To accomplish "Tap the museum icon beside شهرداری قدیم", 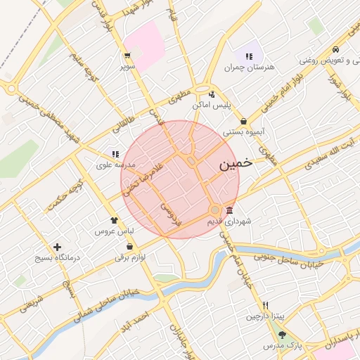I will (229, 211).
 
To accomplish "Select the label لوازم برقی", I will (130, 257).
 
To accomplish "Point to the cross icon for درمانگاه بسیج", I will (58, 247).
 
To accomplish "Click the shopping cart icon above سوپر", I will (127, 56).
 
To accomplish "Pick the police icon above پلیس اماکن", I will (212, 94).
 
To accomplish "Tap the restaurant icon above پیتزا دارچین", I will (265, 305).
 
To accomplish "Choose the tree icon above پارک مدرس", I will (282, 335).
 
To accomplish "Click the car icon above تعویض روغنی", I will (337, 49).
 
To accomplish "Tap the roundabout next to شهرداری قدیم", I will (215, 210).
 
